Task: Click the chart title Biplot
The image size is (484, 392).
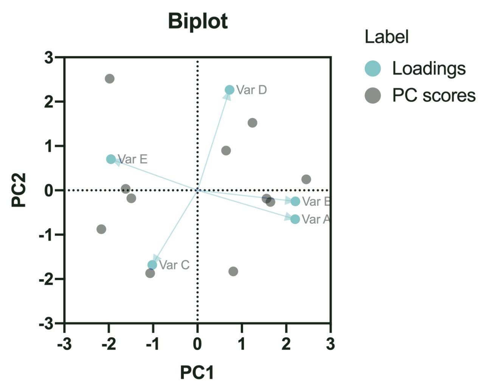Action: [x=198, y=21]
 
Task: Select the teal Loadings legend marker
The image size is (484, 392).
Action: [x=372, y=68]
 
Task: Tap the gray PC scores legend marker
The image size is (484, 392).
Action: [x=372, y=95]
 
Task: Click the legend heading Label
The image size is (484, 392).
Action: [x=386, y=37]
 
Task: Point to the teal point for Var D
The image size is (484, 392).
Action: [x=230, y=90]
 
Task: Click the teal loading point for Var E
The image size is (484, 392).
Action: [x=111, y=159]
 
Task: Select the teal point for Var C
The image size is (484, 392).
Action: [x=152, y=265]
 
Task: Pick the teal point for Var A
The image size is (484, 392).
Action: [x=295, y=219]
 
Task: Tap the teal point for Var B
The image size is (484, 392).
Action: [x=295, y=201]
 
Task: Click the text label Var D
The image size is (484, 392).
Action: [x=251, y=90]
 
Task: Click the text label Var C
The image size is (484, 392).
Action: [x=174, y=265]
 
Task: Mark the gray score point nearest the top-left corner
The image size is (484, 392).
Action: [x=110, y=79]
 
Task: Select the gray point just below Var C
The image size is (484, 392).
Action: [x=150, y=273]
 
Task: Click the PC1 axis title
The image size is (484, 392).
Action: [x=197, y=372]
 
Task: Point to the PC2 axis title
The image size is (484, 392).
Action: [x=19, y=190]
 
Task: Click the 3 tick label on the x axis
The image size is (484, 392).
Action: [x=330, y=344]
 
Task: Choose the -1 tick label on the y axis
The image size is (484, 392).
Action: [x=46, y=235]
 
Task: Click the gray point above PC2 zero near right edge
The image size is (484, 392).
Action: [x=306, y=179]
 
